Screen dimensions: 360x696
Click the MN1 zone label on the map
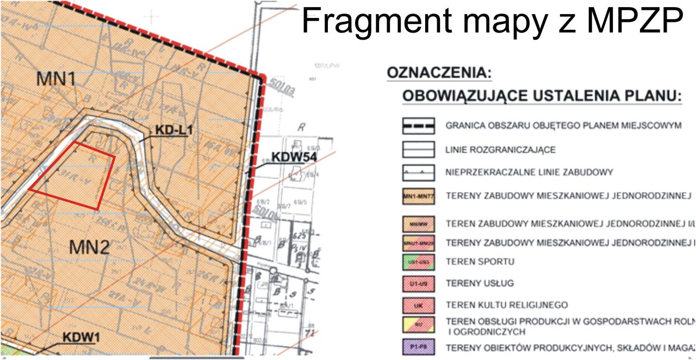click(x=55, y=78)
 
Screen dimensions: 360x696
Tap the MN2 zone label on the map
click(x=90, y=247)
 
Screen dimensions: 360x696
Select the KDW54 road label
click(x=294, y=157)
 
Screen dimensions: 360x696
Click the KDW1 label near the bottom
click(x=81, y=337)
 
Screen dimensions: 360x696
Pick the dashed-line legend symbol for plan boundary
click(x=418, y=126)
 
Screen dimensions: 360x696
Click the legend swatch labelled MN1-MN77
click(x=418, y=196)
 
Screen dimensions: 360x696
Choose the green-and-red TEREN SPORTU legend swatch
click(x=418, y=262)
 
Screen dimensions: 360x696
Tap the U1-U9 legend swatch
click(x=418, y=283)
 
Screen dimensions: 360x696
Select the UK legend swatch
click(x=418, y=305)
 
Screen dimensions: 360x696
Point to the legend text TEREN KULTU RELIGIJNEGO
click(x=506, y=305)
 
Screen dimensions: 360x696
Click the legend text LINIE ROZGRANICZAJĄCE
click(x=500, y=150)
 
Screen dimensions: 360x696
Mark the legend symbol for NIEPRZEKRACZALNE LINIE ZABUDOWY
click(x=418, y=172)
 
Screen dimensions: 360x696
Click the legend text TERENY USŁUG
click(x=480, y=283)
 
